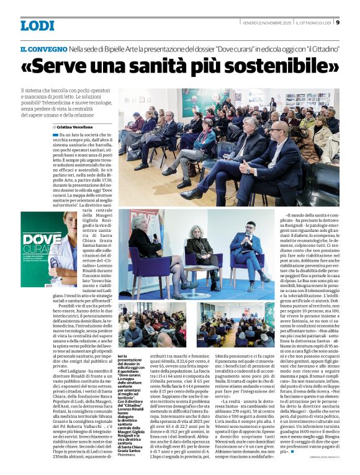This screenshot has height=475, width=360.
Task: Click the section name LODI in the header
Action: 37,25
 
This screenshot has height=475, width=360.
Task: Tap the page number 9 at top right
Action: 337,23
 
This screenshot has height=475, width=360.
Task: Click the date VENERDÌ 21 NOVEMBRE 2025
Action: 266,23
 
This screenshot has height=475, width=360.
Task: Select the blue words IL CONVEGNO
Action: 43,48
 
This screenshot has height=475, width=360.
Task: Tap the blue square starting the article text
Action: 55,134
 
